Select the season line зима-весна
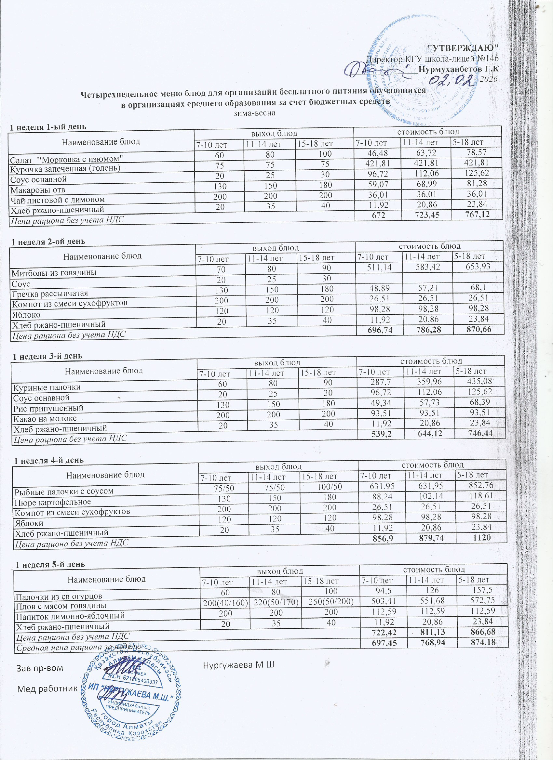coord(254,113)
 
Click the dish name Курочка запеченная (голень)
coord(65,168)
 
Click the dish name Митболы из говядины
coord(54,272)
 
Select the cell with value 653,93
coord(477,267)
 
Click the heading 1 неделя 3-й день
coord(47,356)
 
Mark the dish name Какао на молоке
coord(45,419)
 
